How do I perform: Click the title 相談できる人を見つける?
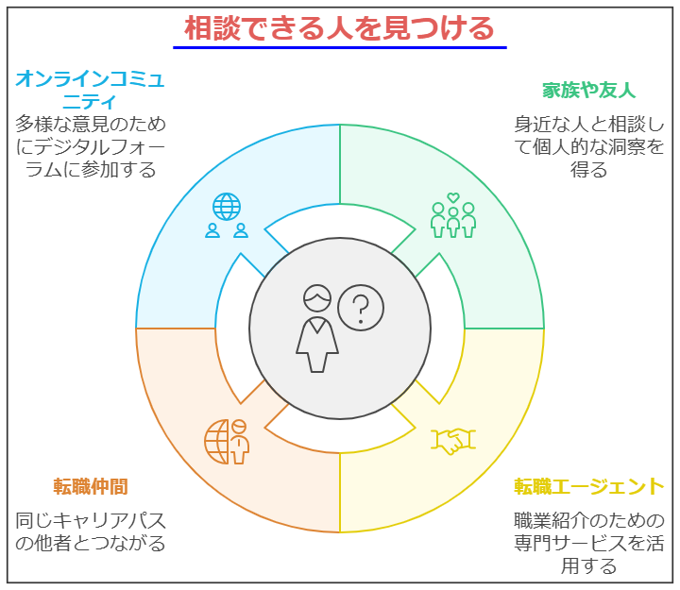tap(339, 28)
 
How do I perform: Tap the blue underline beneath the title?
tap(340, 47)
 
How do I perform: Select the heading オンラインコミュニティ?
tap(91, 91)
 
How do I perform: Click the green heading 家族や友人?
tap(589, 91)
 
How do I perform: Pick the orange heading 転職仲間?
tap(91, 486)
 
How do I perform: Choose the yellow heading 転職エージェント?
tap(589, 486)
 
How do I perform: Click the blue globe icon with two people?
tap(227, 215)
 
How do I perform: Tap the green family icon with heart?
tap(453, 215)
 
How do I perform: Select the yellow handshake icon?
tap(453, 441)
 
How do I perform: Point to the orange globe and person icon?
tap(227, 441)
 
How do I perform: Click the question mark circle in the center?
tap(361, 308)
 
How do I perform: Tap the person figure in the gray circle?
tap(317, 329)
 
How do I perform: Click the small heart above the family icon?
tap(453, 197)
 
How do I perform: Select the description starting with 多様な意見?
tap(91, 147)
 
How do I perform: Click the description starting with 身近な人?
tap(589, 147)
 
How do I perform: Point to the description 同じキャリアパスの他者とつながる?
tap(91, 531)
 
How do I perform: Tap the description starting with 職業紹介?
tap(589, 543)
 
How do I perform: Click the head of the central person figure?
tap(317, 298)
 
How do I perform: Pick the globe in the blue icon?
tap(227, 207)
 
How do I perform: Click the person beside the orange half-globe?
tap(239, 441)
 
